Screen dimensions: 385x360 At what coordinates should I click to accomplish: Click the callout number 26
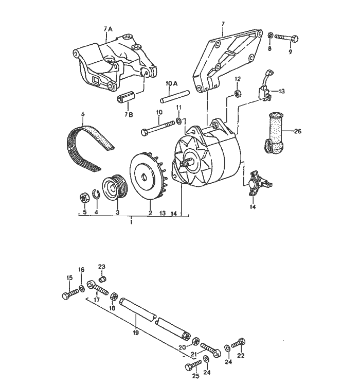click(x=298, y=131)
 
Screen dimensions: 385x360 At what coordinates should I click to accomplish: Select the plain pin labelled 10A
click(x=175, y=95)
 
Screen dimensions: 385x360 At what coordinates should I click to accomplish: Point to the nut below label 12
click(x=238, y=93)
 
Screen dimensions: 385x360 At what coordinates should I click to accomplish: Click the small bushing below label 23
click(x=102, y=278)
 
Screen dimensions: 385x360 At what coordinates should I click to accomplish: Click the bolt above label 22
click(x=240, y=342)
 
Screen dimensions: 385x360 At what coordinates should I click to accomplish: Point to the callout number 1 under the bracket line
click(x=132, y=221)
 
